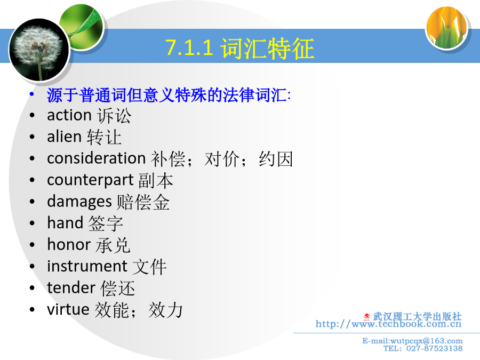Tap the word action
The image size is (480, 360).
coord(69,115)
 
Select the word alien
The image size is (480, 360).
coord(65,137)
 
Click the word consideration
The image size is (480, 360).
coord(96,158)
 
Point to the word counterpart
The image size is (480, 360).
coord(90,180)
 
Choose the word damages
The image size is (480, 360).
coord(79,202)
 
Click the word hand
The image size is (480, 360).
coord(65,222)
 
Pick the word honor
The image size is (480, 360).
coord(69,245)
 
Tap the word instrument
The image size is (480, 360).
coord(87,266)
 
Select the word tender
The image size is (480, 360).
coord(71,288)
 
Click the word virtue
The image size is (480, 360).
coord(68,309)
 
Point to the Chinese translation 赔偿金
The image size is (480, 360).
coord(143,202)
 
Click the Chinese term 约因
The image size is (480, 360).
coord(276,159)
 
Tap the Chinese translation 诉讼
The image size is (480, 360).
coord(114,116)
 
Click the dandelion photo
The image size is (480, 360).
coord(39,50)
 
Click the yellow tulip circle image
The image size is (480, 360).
coord(447,28)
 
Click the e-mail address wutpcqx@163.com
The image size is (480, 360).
coord(426,341)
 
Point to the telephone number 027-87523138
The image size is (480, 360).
coord(434,348)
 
